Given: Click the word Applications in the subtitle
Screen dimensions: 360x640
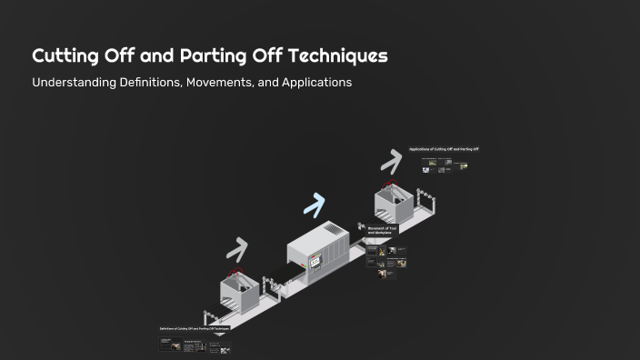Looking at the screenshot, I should (x=317, y=83).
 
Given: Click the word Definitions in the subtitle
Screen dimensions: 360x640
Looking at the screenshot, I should (x=160, y=83).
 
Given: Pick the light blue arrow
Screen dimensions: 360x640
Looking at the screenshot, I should (x=314, y=205).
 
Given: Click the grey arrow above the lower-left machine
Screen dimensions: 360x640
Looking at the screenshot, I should (x=237, y=248).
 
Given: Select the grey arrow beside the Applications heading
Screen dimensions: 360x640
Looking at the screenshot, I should (x=391, y=161).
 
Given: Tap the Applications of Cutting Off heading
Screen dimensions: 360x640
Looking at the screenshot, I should (x=444, y=149).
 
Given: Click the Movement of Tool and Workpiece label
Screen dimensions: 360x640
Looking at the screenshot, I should (x=381, y=231).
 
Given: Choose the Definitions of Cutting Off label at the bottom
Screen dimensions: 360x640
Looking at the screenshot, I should (x=194, y=327).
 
